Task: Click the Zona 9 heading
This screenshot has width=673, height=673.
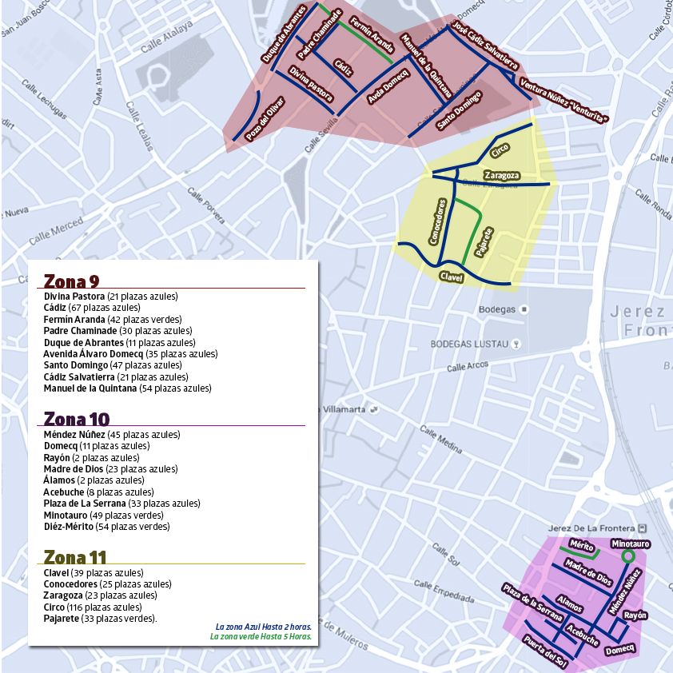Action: point(72,281)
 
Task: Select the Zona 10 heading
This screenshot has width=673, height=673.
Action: point(76,419)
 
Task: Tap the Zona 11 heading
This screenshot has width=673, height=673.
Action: point(75,556)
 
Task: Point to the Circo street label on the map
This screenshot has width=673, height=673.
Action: point(500,148)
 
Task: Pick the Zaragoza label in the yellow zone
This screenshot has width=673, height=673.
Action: point(502,175)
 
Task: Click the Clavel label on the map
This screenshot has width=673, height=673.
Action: point(452,277)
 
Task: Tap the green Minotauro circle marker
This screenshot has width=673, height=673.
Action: point(628,556)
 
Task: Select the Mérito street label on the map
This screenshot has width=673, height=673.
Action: point(581,547)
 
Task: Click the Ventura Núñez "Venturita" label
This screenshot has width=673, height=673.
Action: point(563,102)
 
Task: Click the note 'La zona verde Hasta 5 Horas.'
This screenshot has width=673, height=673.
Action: point(260,637)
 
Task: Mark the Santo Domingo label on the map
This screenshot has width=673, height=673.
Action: point(460,110)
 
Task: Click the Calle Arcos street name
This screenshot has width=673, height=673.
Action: point(468,367)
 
